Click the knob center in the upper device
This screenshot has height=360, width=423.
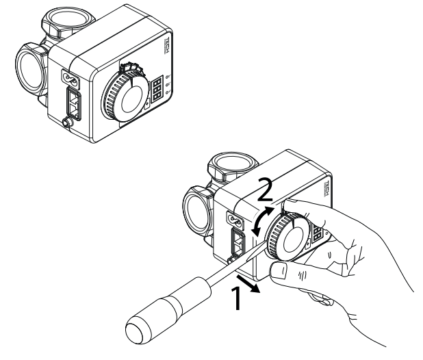pos(129,99)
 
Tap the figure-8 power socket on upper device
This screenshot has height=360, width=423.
pos(69,77)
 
